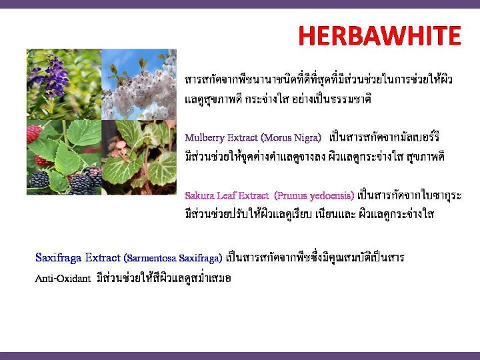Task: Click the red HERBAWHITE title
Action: pyautogui.click(x=379, y=35)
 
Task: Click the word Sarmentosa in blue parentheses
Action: pyautogui.click(x=150, y=258)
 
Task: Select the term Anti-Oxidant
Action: pyautogui.click(x=63, y=279)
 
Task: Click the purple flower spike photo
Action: pyautogui.click(x=64, y=84)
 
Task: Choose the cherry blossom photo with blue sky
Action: pyautogui.click(x=139, y=84)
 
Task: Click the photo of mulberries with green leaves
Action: pyautogui.click(x=64, y=157)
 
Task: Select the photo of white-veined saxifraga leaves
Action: pyautogui.click(x=139, y=157)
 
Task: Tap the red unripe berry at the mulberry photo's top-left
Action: pyautogui.click(x=34, y=133)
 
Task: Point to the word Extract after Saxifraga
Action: pyautogui.click(x=103, y=258)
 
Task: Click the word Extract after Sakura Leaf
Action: pyautogui.click(x=253, y=195)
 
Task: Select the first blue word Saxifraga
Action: pyautogui.click(x=59, y=258)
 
